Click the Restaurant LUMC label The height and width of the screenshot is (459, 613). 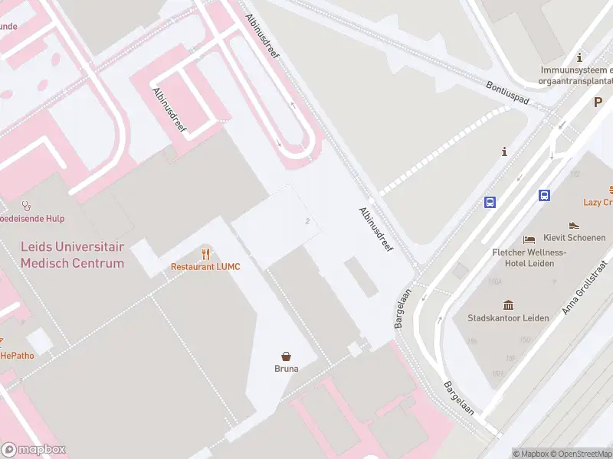(205, 266)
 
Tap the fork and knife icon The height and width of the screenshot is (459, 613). (205, 253)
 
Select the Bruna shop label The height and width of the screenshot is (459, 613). (287, 368)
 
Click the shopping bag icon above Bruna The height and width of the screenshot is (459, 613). (287, 356)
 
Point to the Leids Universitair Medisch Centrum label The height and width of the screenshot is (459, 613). (72, 256)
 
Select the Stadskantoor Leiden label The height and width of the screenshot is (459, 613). (507, 317)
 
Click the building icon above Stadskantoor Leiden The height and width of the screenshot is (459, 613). (507, 304)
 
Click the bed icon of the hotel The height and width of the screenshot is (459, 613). (529, 239)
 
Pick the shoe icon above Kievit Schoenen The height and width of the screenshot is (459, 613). (574, 226)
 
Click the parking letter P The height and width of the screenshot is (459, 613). (598, 102)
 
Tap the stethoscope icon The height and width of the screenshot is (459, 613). (27, 206)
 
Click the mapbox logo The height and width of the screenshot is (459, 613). (34, 450)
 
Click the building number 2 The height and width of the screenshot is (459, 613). (307, 221)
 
